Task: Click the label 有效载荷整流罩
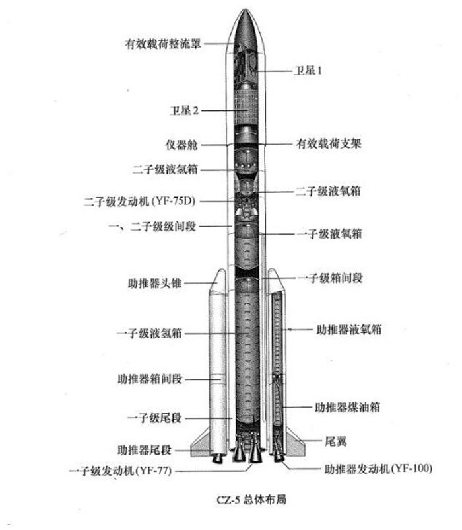[163, 44]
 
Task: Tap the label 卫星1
[308, 70]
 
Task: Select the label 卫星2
[184, 110]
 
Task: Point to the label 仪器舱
[181, 145]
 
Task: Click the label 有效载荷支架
[329, 143]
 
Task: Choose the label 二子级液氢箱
[165, 169]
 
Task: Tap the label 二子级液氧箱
[328, 191]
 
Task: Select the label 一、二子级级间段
[152, 226]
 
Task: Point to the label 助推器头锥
[155, 283]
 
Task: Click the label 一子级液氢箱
[150, 333]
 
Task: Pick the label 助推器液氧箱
[349, 330]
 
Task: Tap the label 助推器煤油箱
[348, 407]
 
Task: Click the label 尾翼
[336, 441]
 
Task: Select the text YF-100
[413, 469]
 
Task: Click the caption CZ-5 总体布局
[251, 499]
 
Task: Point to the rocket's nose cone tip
[246, 9]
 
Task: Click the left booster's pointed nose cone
[219, 280]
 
